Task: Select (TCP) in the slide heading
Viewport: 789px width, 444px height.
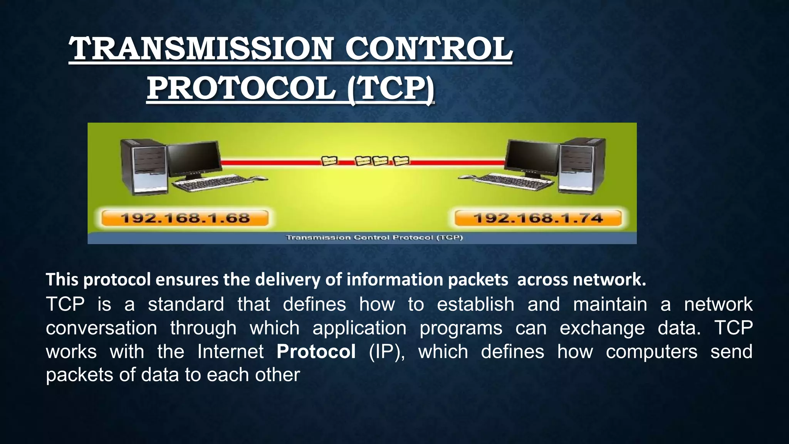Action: point(390,89)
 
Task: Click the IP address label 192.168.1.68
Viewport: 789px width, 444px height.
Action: point(185,218)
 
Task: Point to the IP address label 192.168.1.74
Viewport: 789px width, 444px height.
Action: point(538,218)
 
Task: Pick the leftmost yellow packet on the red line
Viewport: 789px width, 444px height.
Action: point(329,160)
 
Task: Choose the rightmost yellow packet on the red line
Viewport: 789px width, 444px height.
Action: point(401,160)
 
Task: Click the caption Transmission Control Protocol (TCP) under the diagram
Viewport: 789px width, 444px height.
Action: point(374,237)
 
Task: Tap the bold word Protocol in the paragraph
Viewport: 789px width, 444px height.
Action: point(316,351)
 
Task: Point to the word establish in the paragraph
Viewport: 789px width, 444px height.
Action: point(475,304)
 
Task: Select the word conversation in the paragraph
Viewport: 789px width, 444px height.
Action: point(101,328)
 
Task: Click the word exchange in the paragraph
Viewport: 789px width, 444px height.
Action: point(602,328)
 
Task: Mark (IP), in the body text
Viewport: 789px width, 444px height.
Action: point(387,351)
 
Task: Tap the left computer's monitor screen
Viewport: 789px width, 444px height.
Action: point(195,158)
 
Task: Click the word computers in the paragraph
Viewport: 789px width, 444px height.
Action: point(651,351)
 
